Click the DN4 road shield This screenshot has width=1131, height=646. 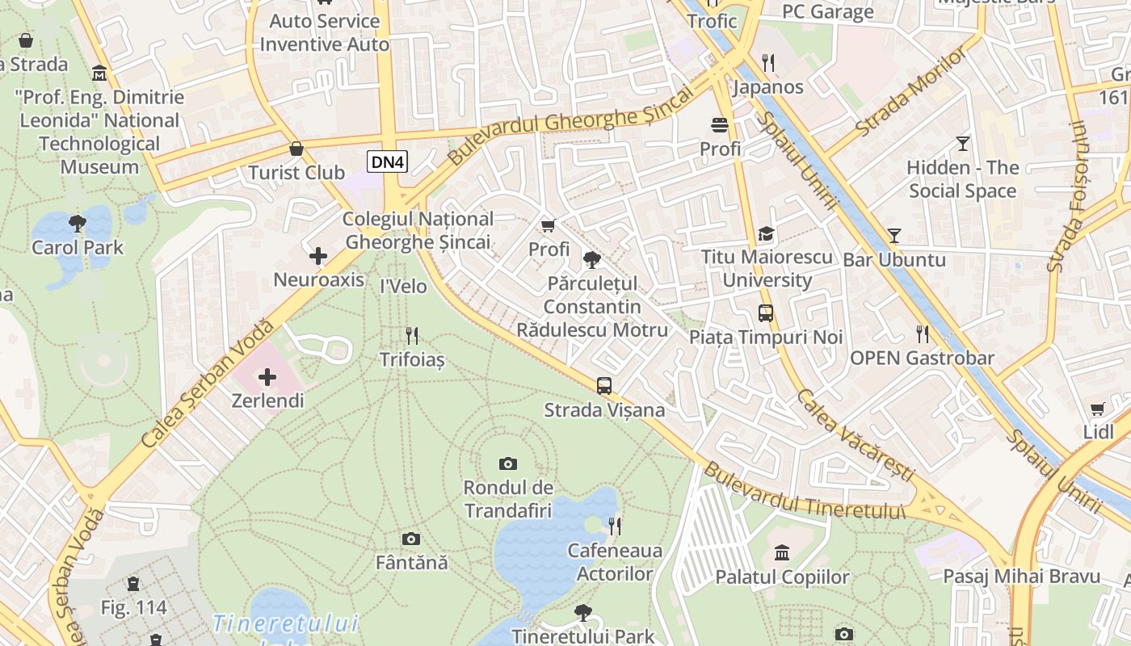pyautogui.click(x=387, y=162)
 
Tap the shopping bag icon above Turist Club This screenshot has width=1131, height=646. pyautogui.click(x=296, y=149)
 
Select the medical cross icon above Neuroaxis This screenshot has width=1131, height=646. pyautogui.click(x=318, y=257)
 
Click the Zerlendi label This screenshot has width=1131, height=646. pyautogui.click(x=267, y=401)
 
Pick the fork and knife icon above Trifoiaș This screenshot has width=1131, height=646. pyautogui.click(x=412, y=335)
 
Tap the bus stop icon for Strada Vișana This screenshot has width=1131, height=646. pyautogui.click(x=604, y=386)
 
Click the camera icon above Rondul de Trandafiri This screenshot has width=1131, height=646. pyautogui.click(x=507, y=464)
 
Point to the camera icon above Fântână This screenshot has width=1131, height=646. pyautogui.click(x=411, y=539)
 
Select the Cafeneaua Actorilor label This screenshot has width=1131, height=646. pyautogui.click(x=615, y=562)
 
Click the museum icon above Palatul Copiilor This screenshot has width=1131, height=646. pyautogui.click(x=782, y=553)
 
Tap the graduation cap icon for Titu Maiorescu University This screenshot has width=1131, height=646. pyautogui.click(x=766, y=234)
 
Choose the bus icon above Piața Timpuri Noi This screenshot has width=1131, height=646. pyautogui.click(x=765, y=313)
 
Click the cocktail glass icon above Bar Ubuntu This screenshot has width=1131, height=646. pyautogui.click(x=893, y=236)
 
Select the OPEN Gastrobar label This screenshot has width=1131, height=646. pyautogui.click(x=922, y=358)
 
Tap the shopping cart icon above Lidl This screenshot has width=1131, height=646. pyautogui.click(x=1097, y=409)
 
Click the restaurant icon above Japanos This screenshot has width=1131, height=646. pyautogui.click(x=768, y=63)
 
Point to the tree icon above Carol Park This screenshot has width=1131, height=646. pyautogui.click(x=78, y=223)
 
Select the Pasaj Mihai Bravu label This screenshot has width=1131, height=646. pyautogui.click(x=1022, y=577)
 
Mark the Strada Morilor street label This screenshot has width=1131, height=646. pyautogui.click(x=910, y=91)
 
